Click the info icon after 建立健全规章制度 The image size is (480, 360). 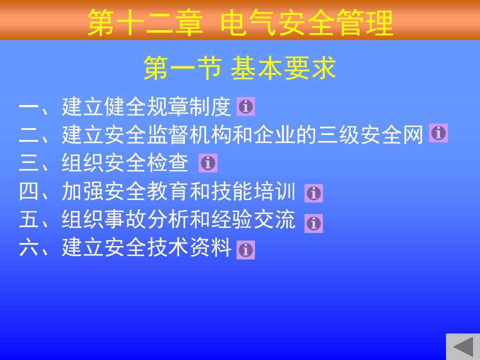coord(245,106)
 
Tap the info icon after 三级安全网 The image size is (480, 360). coord(438,133)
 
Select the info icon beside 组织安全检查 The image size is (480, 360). coord(208,163)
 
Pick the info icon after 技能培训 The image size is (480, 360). coord(313,193)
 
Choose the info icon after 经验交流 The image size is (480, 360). coord(313,223)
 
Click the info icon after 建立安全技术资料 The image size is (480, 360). coord(245,250)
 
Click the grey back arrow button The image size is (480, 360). coord(463,347)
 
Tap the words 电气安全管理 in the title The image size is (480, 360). coord(306,22)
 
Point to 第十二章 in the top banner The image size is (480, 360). coord(145,22)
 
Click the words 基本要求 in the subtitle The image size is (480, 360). coord(283,68)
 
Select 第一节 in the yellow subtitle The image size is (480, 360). coord(182,68)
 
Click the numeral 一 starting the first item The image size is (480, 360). coord(28,107)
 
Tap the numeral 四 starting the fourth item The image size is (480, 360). coord(28,191)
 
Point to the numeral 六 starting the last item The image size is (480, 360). coord(28,247)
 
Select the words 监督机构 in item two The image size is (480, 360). coord(189,134)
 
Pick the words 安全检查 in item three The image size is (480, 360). coord(146,163)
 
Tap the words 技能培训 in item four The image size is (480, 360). coord(253,191)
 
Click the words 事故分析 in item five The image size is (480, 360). coord(146,219)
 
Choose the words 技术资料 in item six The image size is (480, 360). coord(189,247)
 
